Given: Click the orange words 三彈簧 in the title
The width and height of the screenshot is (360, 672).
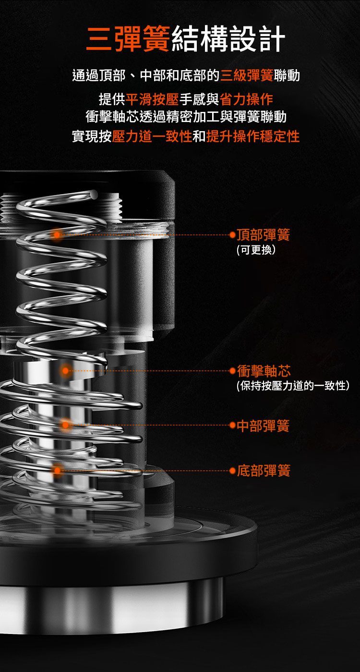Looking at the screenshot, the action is click(x=128, y=38).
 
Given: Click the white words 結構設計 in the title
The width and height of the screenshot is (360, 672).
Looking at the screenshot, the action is click(x=228, y=38).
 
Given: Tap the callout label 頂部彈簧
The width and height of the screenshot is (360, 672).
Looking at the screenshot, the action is click(x=263, y=234).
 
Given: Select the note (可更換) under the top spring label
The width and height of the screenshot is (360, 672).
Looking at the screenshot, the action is click(x=256, y=250).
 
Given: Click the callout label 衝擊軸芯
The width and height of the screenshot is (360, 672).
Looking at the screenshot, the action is click(x=264, y=371).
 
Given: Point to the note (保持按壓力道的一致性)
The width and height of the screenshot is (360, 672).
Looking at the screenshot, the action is click(x=293, y=386).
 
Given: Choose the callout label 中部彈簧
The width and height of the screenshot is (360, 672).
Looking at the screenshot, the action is click(x=263, y=426).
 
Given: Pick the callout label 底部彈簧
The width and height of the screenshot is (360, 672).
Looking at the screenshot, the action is click(x=264, y=470).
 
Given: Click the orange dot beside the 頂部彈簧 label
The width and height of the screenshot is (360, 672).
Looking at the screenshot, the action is click(x=232, y=235).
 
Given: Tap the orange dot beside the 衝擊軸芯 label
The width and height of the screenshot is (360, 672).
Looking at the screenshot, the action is click(x=232, y=371).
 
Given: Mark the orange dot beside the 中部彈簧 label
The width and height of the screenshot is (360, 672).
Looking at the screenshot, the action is click(x=232, y=426).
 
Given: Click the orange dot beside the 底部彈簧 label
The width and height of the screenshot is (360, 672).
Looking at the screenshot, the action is click(x=232, y=470).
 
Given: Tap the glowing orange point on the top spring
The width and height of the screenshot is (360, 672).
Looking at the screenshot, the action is click(x=56, y=234).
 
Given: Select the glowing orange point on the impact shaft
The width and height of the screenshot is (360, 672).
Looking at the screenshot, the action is click(x=65, y=371).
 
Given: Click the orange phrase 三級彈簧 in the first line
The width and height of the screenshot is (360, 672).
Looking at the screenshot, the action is click(x=247, y=75).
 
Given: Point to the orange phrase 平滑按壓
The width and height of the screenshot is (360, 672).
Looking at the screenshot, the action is click(x=152, y=99).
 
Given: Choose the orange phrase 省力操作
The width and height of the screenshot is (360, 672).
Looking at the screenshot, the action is click(x=246, y=99).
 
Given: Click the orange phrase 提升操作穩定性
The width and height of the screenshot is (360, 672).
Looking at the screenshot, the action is click(x=252, y=136).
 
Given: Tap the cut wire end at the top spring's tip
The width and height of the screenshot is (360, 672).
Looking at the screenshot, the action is click(x=94, y=195).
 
